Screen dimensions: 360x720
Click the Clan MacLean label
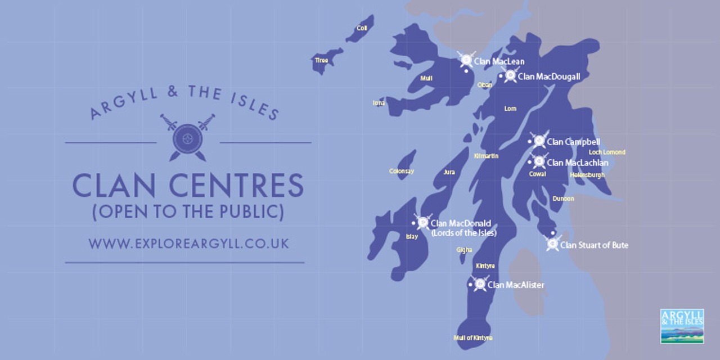click(499, 61)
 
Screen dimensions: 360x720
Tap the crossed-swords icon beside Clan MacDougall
click(511, 75)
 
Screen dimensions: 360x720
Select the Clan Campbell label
click(573, 142)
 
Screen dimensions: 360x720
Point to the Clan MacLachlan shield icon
click(539, 162)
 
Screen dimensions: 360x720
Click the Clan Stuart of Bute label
click(594, 245)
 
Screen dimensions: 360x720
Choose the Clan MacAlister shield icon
click(480, 284)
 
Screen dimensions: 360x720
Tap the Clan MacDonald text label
click(461, 223)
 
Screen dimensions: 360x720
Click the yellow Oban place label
click(484, 85)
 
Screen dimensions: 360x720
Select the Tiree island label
click(321, 60)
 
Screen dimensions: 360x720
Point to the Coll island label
click(362, 28)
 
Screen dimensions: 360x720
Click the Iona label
click(379, 103)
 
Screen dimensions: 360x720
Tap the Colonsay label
click(402, 171)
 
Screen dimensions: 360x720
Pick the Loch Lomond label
click(607, 152)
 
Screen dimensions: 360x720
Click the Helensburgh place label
click(587, 175)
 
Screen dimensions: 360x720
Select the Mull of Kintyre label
click(472, 338)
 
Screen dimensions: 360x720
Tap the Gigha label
click(465, 249)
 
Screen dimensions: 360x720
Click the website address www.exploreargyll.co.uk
click(188, 244)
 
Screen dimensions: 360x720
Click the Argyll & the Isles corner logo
click(682, 326)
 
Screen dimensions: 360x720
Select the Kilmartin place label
click(487, 156)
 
